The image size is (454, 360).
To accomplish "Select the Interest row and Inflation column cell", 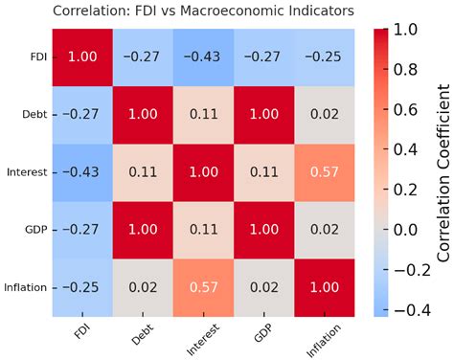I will [x=328, y=170].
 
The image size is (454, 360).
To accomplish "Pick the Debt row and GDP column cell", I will [x=266, y=114].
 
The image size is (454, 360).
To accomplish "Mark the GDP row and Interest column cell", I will [x=206, y=228].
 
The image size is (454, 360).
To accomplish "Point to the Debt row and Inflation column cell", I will [x=328, y=114].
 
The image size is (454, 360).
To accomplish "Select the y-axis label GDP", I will [x=35, y=228].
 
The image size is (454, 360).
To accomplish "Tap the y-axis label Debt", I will [x=34, y=115].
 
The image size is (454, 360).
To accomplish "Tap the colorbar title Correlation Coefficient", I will [x=443, y=171].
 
